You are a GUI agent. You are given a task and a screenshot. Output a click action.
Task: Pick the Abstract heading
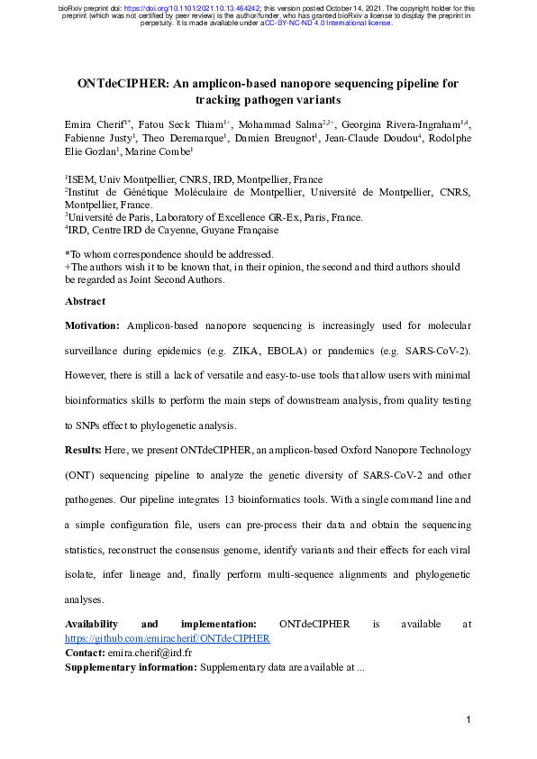[85, 301]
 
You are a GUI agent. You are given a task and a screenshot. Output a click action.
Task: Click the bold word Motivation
[92, 325]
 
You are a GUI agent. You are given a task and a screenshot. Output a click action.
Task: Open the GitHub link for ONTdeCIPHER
[168, 638]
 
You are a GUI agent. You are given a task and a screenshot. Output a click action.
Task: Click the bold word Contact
[85, 652]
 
